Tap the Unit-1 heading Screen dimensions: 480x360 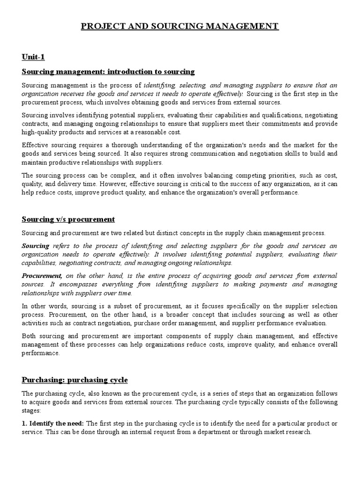pos(33,57)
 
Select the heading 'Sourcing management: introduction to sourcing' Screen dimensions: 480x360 pos(108,72)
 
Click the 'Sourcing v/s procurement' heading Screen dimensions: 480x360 pos(68,219)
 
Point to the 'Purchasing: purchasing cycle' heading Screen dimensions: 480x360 pos(75,379)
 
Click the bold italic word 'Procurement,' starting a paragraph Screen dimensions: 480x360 pos(42,276)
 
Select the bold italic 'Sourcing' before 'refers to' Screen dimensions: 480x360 pos(36,246)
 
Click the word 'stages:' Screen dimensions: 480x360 pos(31,410)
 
